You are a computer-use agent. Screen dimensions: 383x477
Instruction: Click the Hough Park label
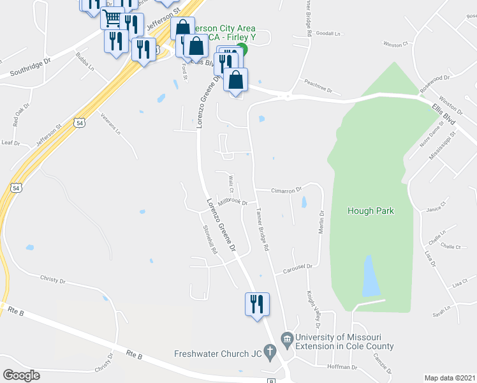click(x=371, y=211)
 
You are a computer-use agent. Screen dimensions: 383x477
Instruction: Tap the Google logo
click(x=21, y=375)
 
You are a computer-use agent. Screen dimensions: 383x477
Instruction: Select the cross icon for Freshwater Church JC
click(x=270, y=351)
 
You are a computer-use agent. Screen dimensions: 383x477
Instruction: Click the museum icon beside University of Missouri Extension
click(x=286, y=337)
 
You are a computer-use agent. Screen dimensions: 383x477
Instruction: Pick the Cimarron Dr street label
click(x=286, y=190)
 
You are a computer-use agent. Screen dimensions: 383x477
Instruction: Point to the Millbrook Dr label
click(x=232, y=202)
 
